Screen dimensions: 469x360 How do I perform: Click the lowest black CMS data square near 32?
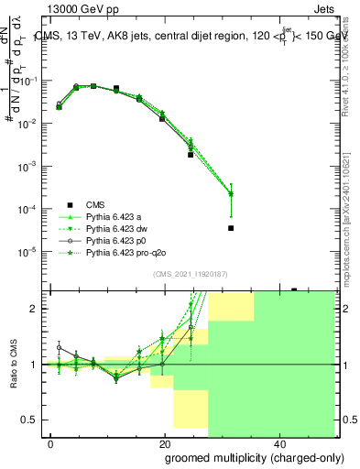[x=231, y=228]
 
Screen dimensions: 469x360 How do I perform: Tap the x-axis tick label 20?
[x=164, y=444]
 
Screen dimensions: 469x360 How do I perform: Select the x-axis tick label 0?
[x=51, y=444]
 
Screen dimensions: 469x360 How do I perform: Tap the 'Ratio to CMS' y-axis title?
[x=14, y=365]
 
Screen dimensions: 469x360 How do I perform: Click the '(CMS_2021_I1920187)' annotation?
[x=189, y=273]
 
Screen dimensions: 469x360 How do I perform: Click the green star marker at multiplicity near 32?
[x=231, y=193]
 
